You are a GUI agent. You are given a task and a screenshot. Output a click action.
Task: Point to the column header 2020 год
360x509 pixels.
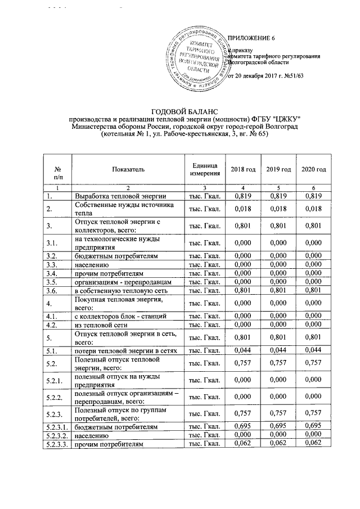[x=313, y=170]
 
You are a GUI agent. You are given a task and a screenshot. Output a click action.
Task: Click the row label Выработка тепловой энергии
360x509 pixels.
[x=120, y=196]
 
